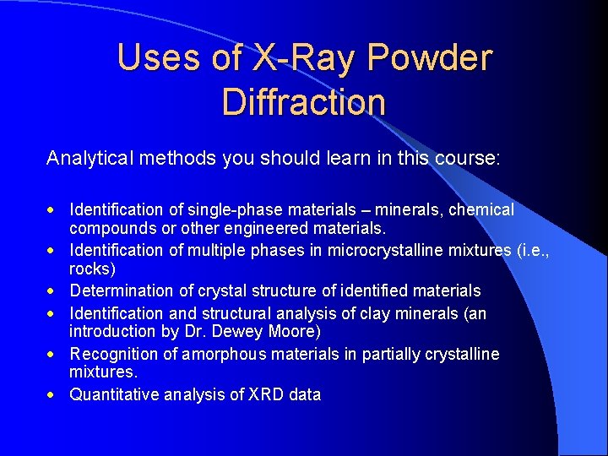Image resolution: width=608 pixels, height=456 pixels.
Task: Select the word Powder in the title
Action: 430,57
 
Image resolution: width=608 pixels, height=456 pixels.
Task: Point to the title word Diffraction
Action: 303,102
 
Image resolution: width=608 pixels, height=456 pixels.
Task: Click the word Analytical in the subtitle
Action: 90,158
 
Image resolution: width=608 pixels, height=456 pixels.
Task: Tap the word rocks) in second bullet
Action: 92,269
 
